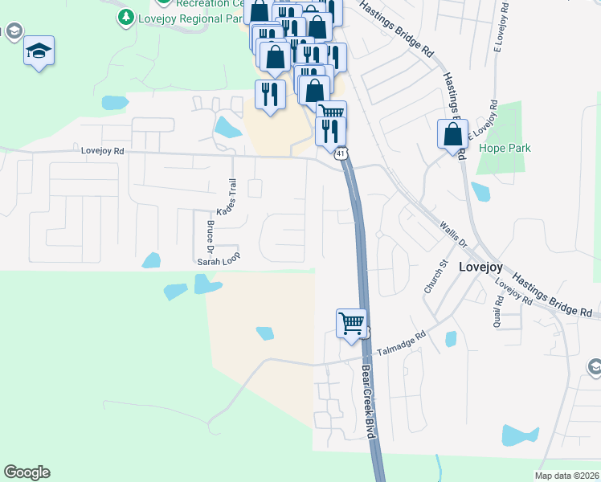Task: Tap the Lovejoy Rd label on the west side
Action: click(x=103, y=150)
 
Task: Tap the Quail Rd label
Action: click(x=499, y=310)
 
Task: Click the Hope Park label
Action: click(x=501, y=148)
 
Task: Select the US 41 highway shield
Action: click(x=342, y=153)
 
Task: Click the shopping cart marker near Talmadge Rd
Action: click(x=351, y=325)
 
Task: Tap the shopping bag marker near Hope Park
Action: click(x=452, y=134)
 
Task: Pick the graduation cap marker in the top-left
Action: click(x=39, y=51)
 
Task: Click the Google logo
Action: click(x=27, y=472)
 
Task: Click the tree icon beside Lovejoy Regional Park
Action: click(x=125, y=16)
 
